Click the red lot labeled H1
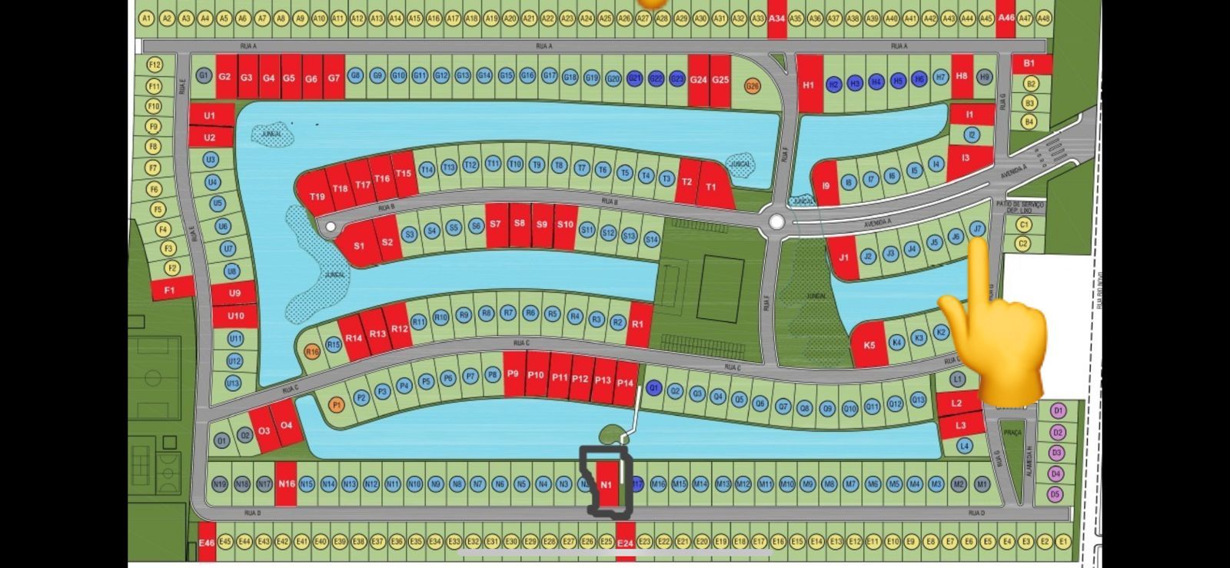808,85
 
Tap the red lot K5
869,344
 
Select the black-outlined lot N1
606,484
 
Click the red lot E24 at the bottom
625,543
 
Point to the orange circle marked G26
752,86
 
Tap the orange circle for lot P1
336,404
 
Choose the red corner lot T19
317,196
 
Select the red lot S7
495,224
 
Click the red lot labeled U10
235,315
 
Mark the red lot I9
826,185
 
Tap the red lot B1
1029,64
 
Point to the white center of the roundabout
776,222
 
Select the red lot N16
286,483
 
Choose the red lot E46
206,543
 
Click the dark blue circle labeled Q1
653,388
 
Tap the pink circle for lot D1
1058,410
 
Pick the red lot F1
169,290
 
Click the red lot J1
843,257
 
